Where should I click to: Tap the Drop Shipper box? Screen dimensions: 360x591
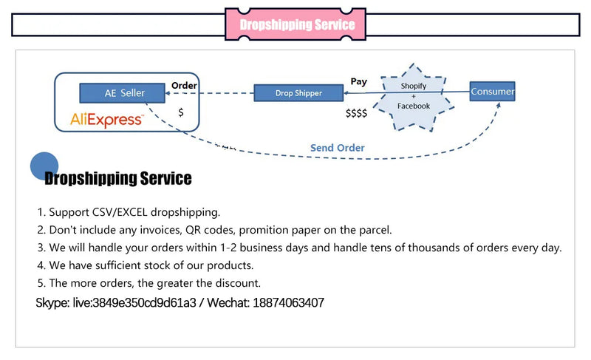pyautogui.click(x=298, y=93)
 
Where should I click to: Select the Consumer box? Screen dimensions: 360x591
pyautogui.click(x=493, y=92)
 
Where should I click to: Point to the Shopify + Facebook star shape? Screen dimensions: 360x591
pyautogui.click(x=414, y=96)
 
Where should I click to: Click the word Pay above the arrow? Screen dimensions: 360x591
pyautogui.click(x=358, y=81)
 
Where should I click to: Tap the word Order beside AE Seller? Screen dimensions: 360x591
pyautogui.click(x=184, y=86)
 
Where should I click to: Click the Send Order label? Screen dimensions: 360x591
pyautogui.click(x=337, y=148)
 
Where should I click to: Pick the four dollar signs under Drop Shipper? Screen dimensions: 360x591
pyautogui.click(x=356, y=114)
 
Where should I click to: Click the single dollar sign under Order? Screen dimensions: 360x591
pyautogui.click(x=181, y=112)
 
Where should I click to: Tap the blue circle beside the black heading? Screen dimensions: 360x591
pyautogui.click(x=44, y=166)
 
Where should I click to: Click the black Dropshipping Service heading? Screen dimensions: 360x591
pyautogui.click(x=118, y=179)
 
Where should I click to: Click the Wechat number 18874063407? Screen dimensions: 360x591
pyautogui.click(x=285, y=303)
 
